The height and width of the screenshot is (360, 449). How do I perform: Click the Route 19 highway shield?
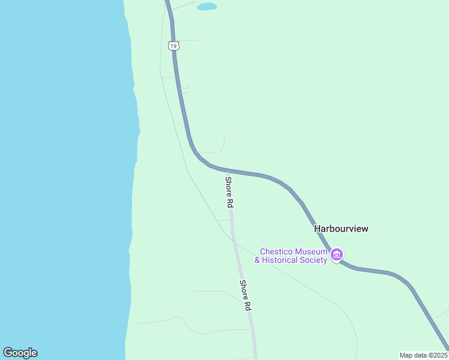click(173, 46)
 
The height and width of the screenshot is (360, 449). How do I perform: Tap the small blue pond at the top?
click(206, 7)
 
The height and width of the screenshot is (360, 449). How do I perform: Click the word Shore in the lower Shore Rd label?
click(243, 290)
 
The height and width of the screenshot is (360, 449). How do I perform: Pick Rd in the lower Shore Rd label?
click(247, 305)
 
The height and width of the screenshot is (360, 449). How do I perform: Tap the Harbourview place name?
click(341, 229)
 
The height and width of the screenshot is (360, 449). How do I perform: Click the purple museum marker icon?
click(337, 256)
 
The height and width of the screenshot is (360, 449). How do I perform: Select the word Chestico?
click(277, 251)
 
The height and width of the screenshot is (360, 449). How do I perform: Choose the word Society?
click(315, 260)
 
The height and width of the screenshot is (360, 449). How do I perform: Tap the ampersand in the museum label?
click(258, 260)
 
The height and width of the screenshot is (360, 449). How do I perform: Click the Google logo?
click(20, 353)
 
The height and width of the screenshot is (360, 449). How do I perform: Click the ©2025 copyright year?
click(436, 355)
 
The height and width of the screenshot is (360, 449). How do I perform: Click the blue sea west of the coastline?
click(60, 180)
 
